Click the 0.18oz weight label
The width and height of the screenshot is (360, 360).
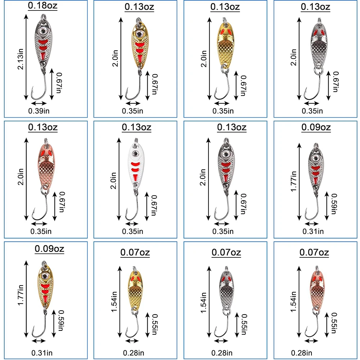[x=43, y=6]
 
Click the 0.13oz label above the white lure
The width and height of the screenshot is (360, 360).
[x=136, y=127]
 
